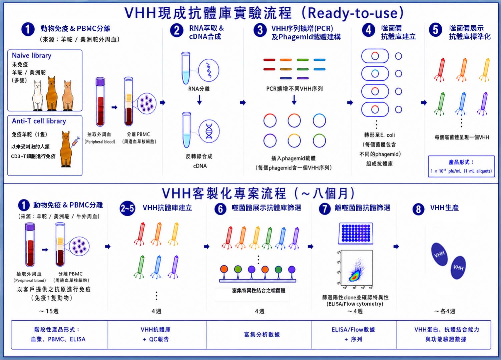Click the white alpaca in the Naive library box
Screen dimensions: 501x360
point(38,95)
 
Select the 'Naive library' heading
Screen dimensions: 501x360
point(32,55)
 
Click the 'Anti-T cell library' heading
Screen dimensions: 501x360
point(39,121)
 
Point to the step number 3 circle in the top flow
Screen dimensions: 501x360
point(260,30)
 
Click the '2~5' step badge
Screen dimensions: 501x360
point(127,209)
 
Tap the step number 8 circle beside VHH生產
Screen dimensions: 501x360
point(418,209)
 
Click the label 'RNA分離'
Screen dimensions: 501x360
point(199,89)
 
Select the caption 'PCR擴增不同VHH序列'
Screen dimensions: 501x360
point(294,89)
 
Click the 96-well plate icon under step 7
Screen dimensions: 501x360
point(356,233)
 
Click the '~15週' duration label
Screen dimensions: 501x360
point(49,311)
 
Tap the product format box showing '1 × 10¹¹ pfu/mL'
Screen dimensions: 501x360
point(461,166)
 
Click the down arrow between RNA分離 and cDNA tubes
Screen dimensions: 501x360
point(199,100)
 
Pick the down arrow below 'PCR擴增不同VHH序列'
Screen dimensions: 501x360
point(294,100)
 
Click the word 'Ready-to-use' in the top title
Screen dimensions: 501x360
point(353,13)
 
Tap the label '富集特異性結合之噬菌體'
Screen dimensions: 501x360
point(259,291)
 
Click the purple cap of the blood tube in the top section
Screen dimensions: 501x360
point(100,81)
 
